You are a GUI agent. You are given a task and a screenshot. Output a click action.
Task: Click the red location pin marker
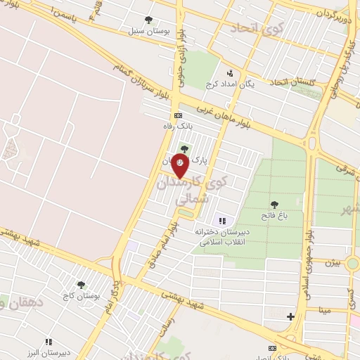[x=181, y=164]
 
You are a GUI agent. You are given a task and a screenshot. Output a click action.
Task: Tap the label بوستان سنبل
[x=146, y=31]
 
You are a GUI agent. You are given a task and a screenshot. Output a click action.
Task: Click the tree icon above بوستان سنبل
[x=148, y=20]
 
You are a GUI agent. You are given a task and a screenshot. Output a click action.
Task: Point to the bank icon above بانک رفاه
[x=178, y=115]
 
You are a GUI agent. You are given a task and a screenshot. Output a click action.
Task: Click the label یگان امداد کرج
[x=229, y=84]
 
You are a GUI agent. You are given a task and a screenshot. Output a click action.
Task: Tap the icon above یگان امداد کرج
[x=230, y=73]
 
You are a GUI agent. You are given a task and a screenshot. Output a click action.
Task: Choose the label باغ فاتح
[x=275, y=216]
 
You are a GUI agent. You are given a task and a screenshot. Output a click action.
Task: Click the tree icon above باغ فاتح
[x=274, y=205]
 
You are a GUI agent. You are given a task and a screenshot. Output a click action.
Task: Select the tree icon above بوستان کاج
[x=81, y=285]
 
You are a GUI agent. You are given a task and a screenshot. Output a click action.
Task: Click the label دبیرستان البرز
[x=49, y=353]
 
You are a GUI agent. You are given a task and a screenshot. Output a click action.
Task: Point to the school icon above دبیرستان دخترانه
[x=223, y=221]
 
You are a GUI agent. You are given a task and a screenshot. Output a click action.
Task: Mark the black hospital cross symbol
[x=290, y=317]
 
